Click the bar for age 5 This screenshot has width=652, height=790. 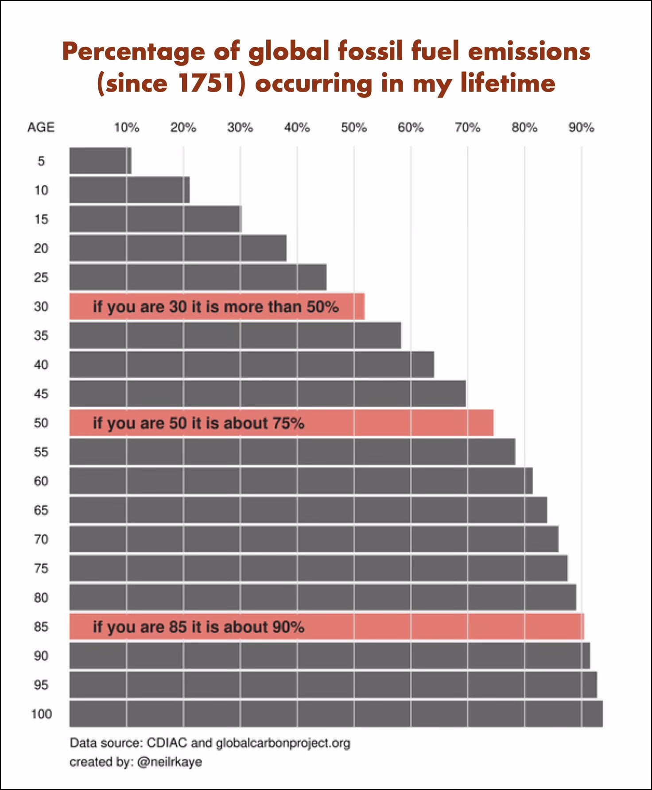100,161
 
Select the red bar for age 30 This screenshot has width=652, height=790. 217,306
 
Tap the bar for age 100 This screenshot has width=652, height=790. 336,713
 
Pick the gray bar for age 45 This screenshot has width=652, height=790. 268,394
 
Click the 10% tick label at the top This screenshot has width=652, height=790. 127,128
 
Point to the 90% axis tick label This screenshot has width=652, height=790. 581,128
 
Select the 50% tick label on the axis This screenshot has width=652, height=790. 354,128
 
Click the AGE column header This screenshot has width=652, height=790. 41,128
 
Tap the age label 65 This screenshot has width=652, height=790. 41,510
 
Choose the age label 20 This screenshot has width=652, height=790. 41,248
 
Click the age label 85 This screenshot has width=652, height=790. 41,627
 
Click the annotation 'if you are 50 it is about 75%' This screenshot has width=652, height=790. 198,423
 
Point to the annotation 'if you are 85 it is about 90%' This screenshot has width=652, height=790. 198,627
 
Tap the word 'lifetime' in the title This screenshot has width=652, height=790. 508,83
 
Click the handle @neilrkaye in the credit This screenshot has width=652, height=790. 170,762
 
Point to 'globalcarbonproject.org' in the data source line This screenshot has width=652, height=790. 283,743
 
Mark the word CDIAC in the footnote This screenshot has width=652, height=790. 167,743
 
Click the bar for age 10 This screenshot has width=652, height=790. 129,190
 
